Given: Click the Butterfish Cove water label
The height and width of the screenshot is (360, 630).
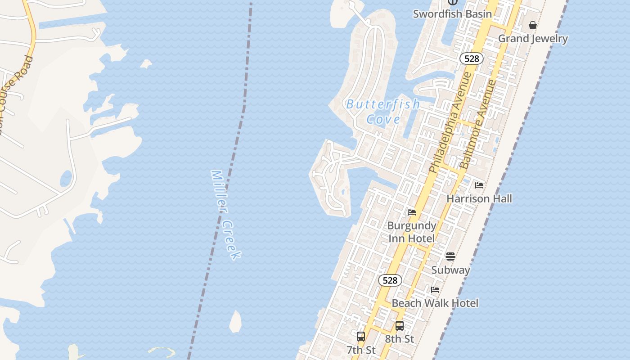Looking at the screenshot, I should pos(383,112).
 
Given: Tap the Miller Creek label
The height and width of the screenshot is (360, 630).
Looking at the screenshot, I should pos(226,214).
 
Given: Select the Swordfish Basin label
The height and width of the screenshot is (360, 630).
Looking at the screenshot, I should pos(452,14).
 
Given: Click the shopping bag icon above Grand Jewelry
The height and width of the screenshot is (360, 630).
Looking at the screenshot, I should pos(533,25).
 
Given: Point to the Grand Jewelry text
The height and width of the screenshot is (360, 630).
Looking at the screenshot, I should pos(533,39).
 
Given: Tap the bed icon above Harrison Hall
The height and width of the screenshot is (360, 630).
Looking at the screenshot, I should pos(479,185).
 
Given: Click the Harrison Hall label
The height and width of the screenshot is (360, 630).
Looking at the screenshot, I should pos(479,198).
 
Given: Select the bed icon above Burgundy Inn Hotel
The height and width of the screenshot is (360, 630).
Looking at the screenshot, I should pos(412,212).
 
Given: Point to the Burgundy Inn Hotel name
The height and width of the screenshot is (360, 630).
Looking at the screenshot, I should pos(412,232).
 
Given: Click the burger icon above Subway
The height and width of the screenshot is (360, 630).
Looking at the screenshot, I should pos(450,256).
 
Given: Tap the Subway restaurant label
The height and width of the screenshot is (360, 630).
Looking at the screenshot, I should pos(450,270).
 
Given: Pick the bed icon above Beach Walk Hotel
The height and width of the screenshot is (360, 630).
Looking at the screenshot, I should pos(435,290).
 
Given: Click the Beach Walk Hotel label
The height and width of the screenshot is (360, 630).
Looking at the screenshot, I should pos(435,303).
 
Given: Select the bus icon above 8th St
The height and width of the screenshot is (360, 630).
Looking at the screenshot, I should pos(400,326).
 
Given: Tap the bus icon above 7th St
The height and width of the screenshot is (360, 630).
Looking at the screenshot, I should pos(361,336).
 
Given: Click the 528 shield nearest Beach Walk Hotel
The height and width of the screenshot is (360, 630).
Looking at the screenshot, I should pos(390,280).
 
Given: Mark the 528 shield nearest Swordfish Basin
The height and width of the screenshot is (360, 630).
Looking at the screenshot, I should pos(471,58).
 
